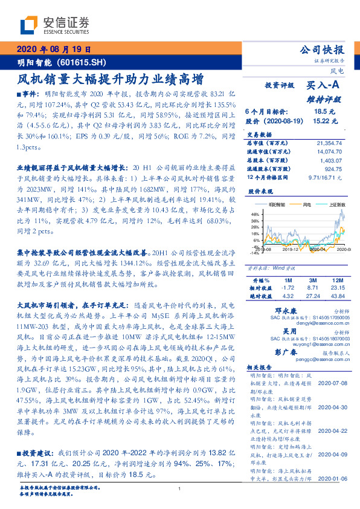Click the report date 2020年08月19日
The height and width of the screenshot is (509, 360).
53,50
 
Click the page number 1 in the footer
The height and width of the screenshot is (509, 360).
180,488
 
